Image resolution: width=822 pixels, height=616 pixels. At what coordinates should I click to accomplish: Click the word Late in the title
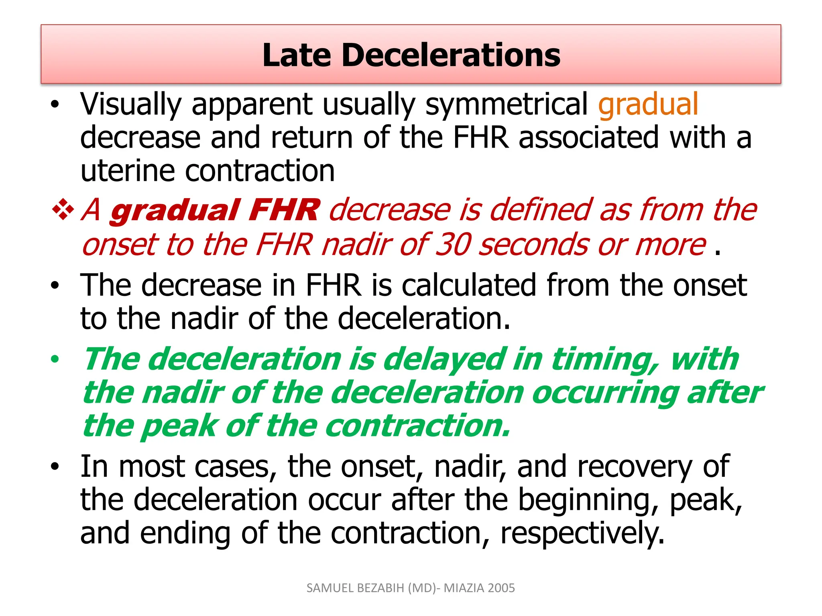[x=297, y=55]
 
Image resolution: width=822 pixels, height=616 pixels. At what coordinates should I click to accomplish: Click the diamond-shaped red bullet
[x=63, y=210]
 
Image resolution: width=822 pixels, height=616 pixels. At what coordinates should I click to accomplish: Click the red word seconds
[x=534, y=245]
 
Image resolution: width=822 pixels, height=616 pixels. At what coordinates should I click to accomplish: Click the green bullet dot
[x=55, y=359]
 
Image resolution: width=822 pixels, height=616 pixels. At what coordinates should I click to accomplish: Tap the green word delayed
[x=444, y=359]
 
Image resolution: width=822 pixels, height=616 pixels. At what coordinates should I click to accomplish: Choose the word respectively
[x=582, y=533]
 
